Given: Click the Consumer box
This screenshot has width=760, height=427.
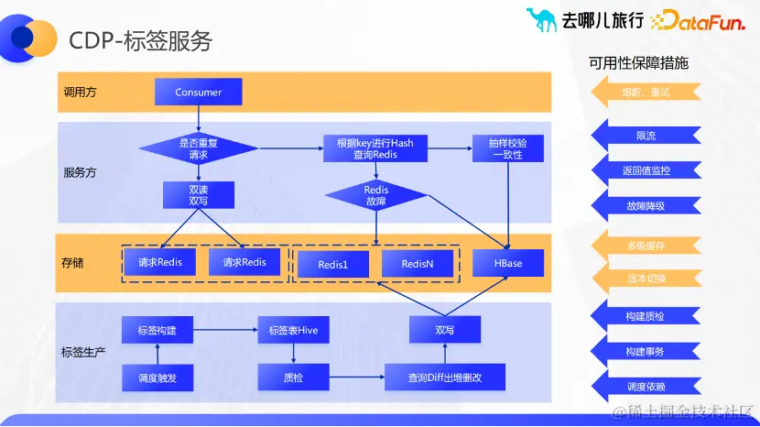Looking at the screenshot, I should click(199, 92).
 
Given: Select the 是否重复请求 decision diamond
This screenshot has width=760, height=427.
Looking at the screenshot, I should click(199, 148).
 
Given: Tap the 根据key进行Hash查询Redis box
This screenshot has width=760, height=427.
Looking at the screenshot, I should click(375, 148).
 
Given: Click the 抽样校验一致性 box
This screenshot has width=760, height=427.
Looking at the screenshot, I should click(507, 148).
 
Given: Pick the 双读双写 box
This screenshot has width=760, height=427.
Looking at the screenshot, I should click(199, 194).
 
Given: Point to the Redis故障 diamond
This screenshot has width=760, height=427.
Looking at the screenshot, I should click(376, 195).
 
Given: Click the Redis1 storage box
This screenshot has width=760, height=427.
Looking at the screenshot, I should click(331, 264).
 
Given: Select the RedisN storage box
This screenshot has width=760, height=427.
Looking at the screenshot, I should click(418, 264).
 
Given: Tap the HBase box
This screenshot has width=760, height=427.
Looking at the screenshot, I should click(508, 263).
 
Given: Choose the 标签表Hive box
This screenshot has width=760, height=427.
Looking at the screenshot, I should click(293, 330).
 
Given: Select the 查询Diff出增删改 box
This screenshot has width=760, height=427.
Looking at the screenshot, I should click(445, 377).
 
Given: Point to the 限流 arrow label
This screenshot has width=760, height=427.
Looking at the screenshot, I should click(646, 136).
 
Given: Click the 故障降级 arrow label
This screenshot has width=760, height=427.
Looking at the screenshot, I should click(646, 206).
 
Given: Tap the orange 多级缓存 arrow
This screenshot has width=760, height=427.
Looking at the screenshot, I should click(646, 246).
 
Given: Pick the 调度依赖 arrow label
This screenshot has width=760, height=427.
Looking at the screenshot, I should click(646, 386).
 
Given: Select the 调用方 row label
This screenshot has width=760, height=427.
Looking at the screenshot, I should click(79, 93).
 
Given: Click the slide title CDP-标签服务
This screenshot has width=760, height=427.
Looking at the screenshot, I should click(141, 40).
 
